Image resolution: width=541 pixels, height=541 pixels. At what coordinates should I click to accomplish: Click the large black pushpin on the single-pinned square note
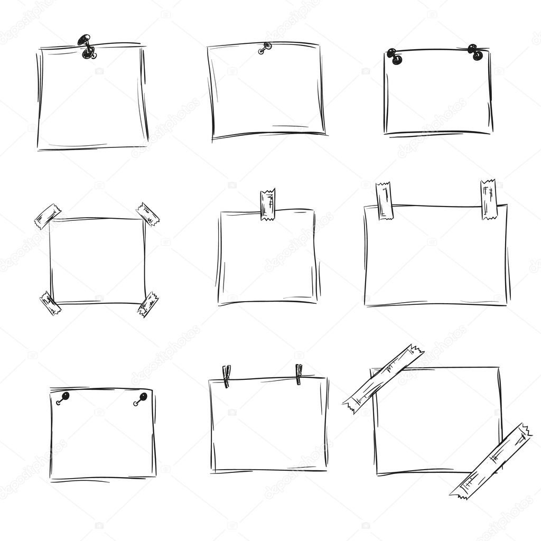point(86,46)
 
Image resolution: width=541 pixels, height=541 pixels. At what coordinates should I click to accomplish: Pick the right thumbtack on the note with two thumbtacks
point(475,52)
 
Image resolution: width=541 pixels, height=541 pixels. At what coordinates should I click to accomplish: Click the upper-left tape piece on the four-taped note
point(48,216)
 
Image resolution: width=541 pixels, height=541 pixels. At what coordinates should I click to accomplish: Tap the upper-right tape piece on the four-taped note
point(147,214)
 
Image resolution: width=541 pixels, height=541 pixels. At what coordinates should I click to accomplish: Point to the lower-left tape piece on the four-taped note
point(50,303)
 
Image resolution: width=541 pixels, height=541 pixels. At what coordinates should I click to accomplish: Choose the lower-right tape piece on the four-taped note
point(148,304)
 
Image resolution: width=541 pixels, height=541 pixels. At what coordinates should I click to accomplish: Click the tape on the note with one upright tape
point(268,204)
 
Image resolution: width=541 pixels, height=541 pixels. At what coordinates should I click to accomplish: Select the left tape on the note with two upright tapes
point(384,201)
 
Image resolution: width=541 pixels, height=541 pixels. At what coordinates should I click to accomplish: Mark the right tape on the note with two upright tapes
point(489,199)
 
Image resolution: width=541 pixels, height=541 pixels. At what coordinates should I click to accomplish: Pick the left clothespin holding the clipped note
point(226,376)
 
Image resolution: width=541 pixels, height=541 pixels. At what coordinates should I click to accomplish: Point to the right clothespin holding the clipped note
point(299,374)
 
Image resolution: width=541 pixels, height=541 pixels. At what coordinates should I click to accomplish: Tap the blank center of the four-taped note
point(98,260)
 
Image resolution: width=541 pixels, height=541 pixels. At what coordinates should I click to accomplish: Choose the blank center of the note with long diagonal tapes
point(436,420)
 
